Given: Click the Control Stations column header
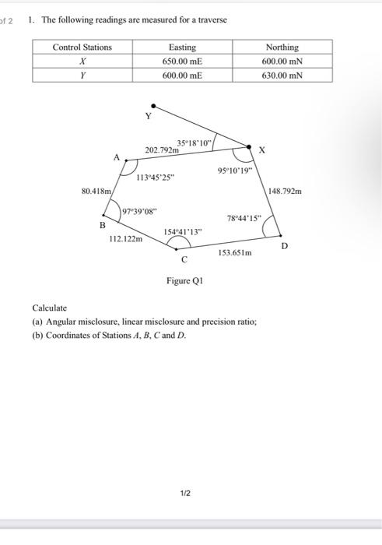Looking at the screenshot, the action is (82, 47).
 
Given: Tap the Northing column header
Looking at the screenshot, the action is (282, 47).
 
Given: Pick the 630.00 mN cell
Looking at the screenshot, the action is (282, 75).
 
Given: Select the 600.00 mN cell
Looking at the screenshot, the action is (282, 61).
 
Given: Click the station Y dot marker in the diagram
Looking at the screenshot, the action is (153, 104).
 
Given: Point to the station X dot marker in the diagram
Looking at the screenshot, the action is (249, 146).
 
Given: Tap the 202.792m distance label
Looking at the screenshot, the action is (161, 149).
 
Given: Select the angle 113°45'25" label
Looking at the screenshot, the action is (156, 177).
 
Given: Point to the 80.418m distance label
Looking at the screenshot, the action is (96, 189).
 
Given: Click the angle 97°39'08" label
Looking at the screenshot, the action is (140, 211).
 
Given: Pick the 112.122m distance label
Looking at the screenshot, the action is (125, 239).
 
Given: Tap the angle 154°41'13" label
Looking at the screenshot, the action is (184, 231).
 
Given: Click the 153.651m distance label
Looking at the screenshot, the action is (235, 253).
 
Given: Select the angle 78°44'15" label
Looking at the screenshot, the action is (245, 218).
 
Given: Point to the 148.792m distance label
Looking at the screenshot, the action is (286, 190).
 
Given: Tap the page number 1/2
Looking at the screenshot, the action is (184, 493).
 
